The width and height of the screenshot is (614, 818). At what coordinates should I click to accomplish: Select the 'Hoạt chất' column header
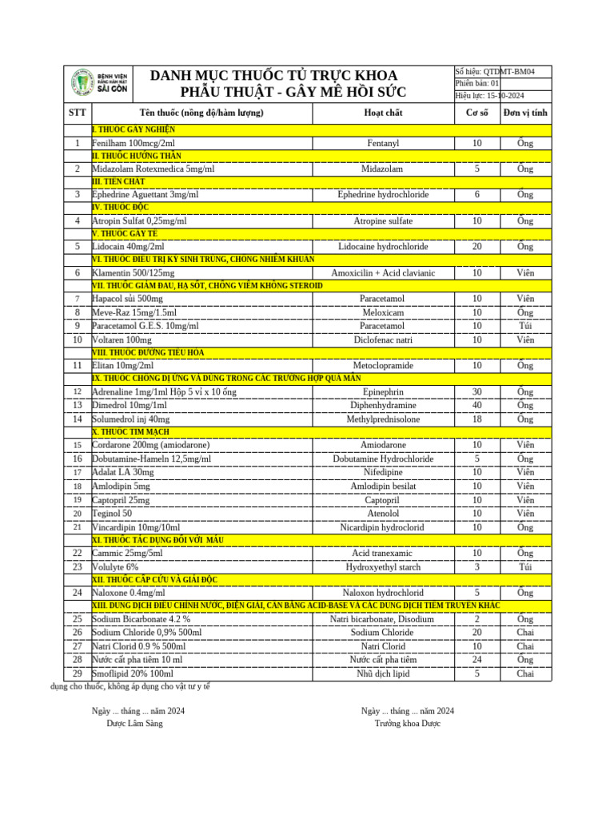(382, 113)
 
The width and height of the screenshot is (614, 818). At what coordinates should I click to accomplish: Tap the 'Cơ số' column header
(476, 113)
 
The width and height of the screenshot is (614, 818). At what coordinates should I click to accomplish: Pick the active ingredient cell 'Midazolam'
(382, 169)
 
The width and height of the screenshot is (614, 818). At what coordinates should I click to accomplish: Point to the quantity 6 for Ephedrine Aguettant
(476, 195)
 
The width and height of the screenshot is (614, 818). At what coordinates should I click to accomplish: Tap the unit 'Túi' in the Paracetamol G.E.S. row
(525, 326)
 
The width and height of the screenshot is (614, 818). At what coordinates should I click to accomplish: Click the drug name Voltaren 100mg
(122, 340)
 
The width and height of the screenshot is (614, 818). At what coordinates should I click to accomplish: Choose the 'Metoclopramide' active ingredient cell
(382, 366)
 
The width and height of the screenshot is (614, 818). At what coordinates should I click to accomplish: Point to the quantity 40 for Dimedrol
(476, 405)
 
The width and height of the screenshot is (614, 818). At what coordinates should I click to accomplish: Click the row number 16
(78, 459)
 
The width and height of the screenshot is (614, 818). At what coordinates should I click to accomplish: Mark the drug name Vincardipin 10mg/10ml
(136, 527)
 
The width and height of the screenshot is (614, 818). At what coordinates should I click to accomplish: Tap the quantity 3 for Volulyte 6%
(476, 567)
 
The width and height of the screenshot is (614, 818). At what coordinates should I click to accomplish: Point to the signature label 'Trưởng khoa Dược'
(407, 724)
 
